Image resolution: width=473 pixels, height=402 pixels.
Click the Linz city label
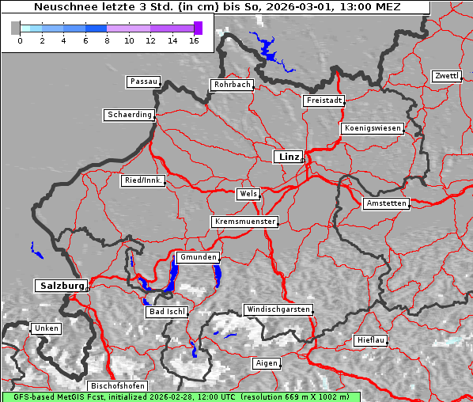tap(288, 157)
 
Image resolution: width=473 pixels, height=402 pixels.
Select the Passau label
tap(143, 82)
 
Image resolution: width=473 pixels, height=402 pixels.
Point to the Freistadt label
tap(324, 100)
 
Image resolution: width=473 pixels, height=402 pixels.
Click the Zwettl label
tap(446, 76)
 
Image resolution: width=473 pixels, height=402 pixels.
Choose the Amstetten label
tap(386, 203)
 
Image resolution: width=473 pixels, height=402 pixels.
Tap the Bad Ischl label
tap(167, 312)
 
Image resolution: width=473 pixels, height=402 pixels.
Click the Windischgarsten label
tap(278, 309)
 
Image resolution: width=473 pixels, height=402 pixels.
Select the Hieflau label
tap(371, 340)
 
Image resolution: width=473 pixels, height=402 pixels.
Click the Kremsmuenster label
tap(244, 222)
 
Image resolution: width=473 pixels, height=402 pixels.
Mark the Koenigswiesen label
tap(372, 128)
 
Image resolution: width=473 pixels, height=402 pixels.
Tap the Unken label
tap(45, 328)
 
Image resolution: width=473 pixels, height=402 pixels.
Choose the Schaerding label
tap(129, 115)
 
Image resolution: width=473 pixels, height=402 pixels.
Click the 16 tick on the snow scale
tap(194, 40)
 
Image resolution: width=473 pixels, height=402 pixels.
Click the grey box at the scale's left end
tap(16, 28)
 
